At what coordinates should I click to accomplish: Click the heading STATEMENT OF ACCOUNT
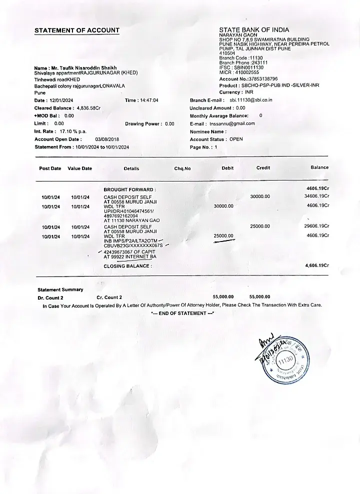pos(77,30)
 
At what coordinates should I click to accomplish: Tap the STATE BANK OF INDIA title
pos(254,30)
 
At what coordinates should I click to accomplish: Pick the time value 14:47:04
pos(148,100)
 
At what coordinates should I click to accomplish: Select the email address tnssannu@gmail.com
pos(232,123)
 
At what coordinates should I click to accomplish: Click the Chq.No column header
pos(182,168)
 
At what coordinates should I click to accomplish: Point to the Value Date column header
pos(80,168)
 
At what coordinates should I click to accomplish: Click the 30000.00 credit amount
pos(260,196)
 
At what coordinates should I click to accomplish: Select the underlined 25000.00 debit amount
pos(223,235)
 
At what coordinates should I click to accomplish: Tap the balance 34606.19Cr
pos(316,196)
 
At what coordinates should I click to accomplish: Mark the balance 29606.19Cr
pos(316,225)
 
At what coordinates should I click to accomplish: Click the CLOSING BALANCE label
pos(127,266)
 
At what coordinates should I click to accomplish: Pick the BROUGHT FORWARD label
pos(129,189)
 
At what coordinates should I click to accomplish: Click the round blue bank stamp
pos(286,361)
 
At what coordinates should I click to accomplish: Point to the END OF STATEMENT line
pos(182,313)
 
